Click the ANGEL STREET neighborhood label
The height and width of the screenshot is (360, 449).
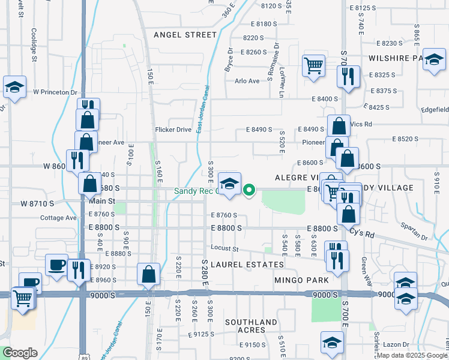pyautogui.click(x=184, y=35)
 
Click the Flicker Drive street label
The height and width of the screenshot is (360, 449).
pyautogui.click(x=173, y=130)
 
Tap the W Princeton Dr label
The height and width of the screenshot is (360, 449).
pyautogui.click(x=56, y=92)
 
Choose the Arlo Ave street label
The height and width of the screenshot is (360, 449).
pyautogui.click(x=247, y=81)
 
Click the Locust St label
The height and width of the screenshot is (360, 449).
pyautogui.click(x=224, y=249)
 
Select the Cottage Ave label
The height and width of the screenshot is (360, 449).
pyautogui.click(x=58, y=218)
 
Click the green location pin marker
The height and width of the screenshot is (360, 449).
pyautogui.click(x=250, y=191)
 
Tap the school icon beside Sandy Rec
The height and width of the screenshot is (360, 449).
pyautogui.click(x=229, y=184)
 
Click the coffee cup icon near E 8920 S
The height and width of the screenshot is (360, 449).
pyautogui.click(x=57, y=264)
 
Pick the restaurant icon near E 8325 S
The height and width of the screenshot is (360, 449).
pyautogui.click(x=348, y=76)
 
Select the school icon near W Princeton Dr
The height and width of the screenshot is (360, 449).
pyautogui.click(x=14, y=87)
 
